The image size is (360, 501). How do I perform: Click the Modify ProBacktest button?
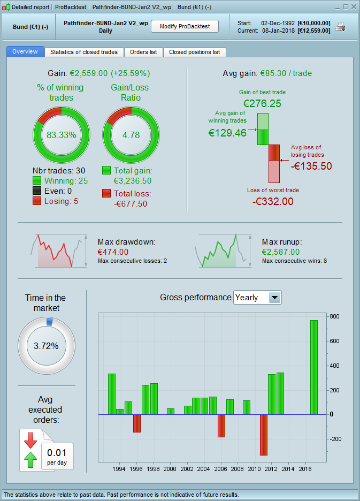click(185, 26)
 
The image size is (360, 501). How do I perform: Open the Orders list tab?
click(143, 52)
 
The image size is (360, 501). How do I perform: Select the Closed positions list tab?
click(194, 52)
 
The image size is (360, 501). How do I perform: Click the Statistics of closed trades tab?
click(84, 52)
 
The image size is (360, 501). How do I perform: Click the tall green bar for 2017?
click(314, 367)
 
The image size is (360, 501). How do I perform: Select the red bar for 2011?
click(263, 435)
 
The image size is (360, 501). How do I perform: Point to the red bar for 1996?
click(137, 423)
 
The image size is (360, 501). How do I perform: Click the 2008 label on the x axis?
click(237, 469)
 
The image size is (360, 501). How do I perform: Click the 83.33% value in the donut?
click(62, 135)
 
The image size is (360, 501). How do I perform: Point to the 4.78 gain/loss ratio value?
click(131, 135)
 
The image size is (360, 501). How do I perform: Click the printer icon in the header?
click(341, 27)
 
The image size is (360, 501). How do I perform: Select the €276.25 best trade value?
click(262, 103)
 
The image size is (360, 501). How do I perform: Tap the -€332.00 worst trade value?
click(273, 201)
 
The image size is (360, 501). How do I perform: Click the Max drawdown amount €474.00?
click(113, 252)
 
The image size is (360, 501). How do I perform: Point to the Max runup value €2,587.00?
click(281, 252)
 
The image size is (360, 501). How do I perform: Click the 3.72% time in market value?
click(46, 346)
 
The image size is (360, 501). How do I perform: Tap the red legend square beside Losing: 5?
click(37, 201)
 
